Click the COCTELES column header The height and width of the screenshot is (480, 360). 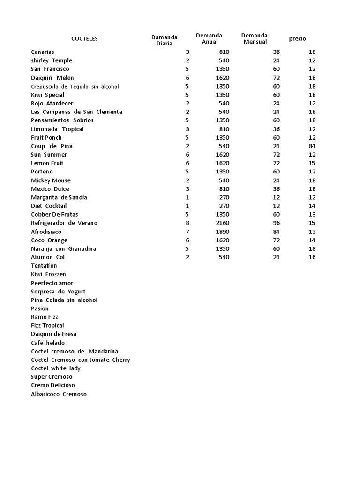point(84,39)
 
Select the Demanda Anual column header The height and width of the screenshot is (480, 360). point(209,39)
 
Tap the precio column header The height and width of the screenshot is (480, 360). point(297,39)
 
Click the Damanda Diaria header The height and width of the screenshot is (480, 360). point(164,40)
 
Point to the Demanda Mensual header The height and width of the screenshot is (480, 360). point(255,39)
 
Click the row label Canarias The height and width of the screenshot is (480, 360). point(43,52)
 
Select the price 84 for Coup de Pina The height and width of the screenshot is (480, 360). point(312,146)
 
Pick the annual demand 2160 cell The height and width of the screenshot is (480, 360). point(222,223)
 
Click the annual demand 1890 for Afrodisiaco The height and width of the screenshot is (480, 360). point(222,232)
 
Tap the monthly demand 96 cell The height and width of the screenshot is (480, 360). point(276,223)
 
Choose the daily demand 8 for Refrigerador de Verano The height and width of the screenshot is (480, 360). point(187,223)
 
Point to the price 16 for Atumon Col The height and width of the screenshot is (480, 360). point(312,257)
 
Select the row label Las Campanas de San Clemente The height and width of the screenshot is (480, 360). point(76,112)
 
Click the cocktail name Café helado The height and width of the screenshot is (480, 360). point(48,343)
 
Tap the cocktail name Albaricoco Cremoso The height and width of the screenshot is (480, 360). point(59,394)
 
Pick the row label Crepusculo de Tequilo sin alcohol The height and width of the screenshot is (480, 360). point(75,86)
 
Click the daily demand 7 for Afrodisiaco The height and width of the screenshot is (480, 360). point(187,232)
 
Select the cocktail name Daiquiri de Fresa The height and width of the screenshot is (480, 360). point(53,334)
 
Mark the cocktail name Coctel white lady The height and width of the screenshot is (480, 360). point(56,368)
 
